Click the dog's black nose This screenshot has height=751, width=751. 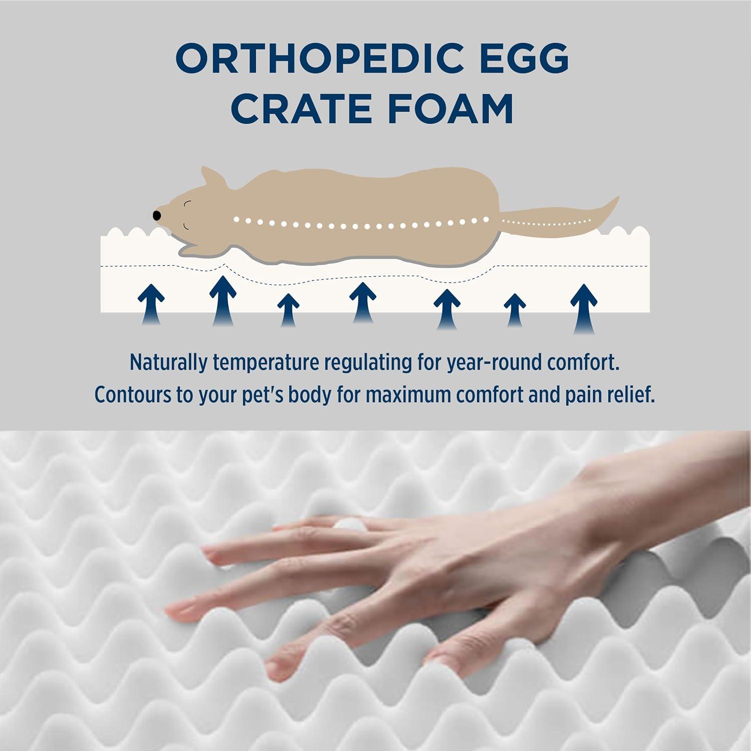click(157, 215)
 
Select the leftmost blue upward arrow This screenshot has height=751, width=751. click(151, 303)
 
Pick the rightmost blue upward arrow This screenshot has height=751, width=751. click(583, 306)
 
